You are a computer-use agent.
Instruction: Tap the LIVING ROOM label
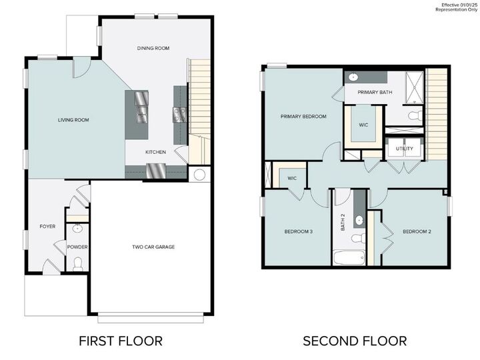(x=73, y=120)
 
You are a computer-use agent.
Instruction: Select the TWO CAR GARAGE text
(x=153, y=247)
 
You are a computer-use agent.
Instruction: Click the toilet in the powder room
(x=77, y=263)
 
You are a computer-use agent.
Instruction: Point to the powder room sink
(x=77, y=229)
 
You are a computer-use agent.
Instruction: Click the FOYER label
(x=47, y=226)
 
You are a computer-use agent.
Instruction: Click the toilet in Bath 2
(x=357, y=238)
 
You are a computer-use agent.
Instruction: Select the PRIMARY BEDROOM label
(x=303, y=116)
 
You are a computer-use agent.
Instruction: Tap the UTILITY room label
(x=404, y=148)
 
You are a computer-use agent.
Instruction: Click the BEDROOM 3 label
(x=299, y=231)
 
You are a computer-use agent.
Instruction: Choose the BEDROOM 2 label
(x=417, y=231)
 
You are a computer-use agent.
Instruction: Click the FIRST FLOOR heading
(x=121, y=341)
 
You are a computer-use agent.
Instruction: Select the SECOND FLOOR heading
(x=355, y=341)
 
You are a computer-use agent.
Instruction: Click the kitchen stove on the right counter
(x=179, y=115)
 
